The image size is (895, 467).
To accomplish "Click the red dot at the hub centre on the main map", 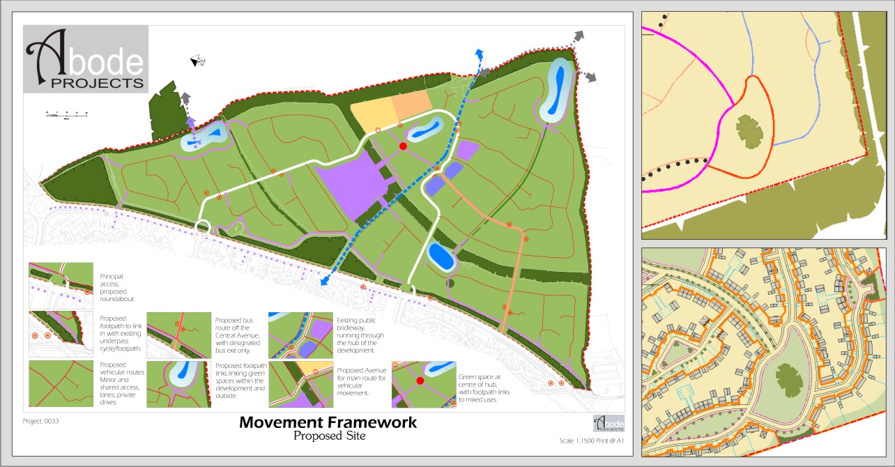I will tap(403, 146).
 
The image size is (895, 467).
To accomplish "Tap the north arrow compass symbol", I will tap(198, 61).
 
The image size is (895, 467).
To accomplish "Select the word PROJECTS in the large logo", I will tap(86, 82).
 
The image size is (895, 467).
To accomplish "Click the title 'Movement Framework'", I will tap(328, 422).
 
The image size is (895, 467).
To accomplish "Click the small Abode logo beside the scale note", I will tap(609, 422).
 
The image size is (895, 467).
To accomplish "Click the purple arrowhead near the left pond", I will tap(190, 121).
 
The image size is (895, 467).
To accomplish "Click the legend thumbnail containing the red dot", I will tap(424, 384).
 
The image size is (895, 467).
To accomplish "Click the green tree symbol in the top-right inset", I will tap(749, 131).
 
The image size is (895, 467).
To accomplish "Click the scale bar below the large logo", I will tap(67, 114).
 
